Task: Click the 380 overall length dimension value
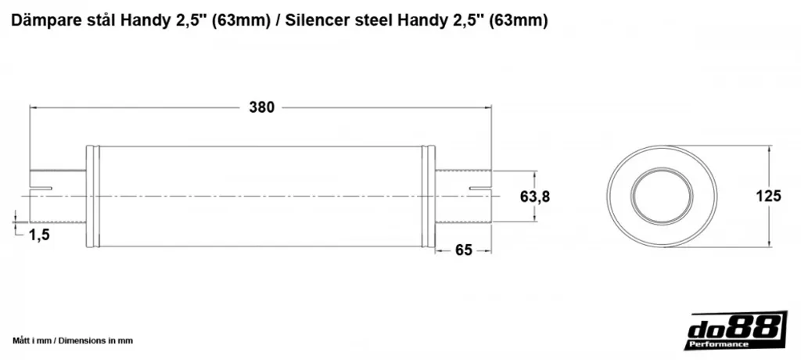(x=261, y=108)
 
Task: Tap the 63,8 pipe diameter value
(x=535, y=196)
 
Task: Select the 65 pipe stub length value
(x=463, y=250)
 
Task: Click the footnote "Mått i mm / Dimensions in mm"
(x=73, y=340)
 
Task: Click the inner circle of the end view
(x=662, y=196)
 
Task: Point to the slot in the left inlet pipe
(x=41, y=189)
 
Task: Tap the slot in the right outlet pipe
(x=480, y=189)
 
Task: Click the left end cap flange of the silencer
(x=92, y=197)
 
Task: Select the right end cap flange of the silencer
(x=428, y=197)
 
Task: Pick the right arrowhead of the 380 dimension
(x=487, y=108)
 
